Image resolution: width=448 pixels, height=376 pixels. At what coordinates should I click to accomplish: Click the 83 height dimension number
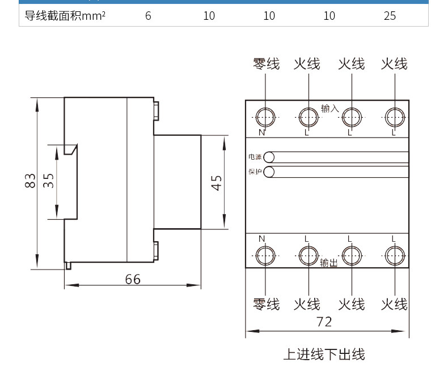(30, 181)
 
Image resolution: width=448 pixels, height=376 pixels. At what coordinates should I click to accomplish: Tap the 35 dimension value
(48, 181)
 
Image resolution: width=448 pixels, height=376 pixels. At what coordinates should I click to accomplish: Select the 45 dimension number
(216, 183)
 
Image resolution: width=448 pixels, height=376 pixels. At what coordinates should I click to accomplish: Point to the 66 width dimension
(133, 279)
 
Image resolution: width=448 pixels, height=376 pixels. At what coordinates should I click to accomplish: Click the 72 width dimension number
(324, 322)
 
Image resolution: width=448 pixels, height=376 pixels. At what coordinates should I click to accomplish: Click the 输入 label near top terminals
(330, 108)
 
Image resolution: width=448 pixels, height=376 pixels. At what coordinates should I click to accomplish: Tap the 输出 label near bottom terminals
(329, 262)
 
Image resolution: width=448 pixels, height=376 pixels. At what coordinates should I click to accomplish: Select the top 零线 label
(267, 63)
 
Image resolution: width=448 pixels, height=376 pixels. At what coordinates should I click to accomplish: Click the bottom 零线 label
(267, 304)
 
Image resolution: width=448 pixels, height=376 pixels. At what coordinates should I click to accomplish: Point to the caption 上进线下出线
(324, 354)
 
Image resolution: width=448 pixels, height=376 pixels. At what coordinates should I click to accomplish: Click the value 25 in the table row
(390, 16)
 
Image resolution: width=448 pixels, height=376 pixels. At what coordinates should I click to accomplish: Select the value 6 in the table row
(148, 16)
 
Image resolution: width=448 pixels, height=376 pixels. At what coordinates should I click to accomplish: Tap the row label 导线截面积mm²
(65, 16)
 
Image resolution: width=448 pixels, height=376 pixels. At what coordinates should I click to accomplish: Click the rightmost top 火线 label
(394, 63)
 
